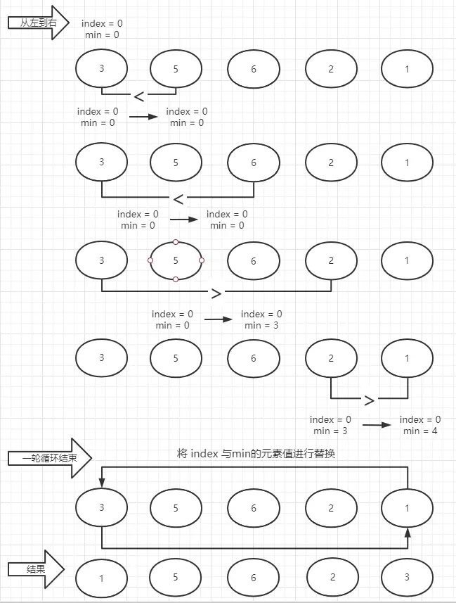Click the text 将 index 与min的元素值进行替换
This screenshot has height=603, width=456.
point(256,455)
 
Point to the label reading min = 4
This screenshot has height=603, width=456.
point(420,431)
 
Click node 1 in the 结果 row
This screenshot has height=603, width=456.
point(102,578)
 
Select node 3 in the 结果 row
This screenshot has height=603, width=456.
point(407,578)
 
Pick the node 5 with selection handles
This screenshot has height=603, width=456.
point(176,260)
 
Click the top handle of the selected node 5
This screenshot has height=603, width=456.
point(176,242)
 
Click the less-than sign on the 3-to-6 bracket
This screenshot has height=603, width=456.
point(178,199)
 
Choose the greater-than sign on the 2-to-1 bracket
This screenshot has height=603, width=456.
point(369,400)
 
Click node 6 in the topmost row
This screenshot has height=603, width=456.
point(253,69)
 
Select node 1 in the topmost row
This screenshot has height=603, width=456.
point(407,69)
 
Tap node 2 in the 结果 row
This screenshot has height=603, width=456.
point(331,578)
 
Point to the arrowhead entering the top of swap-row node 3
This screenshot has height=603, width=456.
point(102,483)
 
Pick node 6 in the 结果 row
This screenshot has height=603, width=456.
point(253,578)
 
